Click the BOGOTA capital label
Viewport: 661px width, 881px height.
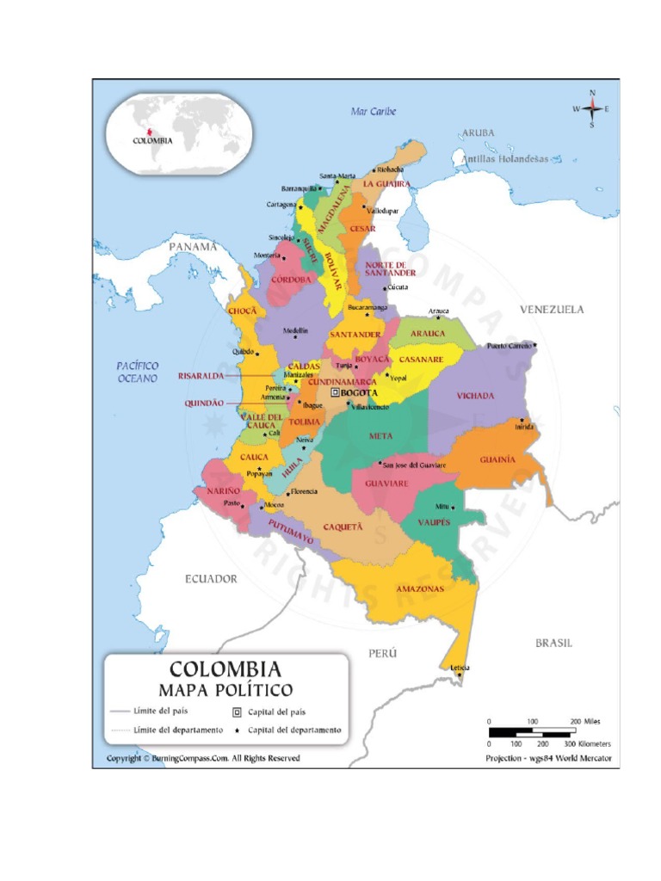(360, 392)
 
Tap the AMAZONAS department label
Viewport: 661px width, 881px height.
(420, 589)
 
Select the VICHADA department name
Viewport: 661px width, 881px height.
(475, 396)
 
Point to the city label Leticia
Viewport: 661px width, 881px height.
(459, 667)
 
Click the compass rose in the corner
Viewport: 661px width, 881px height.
(592, 108)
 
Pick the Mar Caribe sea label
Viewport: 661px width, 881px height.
(374, 112)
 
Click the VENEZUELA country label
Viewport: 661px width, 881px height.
(551, 309)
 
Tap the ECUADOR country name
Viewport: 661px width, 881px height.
(211, 579)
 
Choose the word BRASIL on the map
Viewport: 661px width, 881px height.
(553, 643)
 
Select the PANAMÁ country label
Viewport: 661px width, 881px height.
(192, 246)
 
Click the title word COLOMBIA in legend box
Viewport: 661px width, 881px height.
(225, 669)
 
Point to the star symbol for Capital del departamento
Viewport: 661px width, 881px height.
(237, 730)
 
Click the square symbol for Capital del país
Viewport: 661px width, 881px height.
(237, 712)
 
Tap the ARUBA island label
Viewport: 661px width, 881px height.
(479, 132)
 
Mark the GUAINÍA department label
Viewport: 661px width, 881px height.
(497, 459)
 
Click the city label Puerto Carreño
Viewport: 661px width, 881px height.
(510, 346)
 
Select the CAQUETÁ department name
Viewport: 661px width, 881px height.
(343, 527)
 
